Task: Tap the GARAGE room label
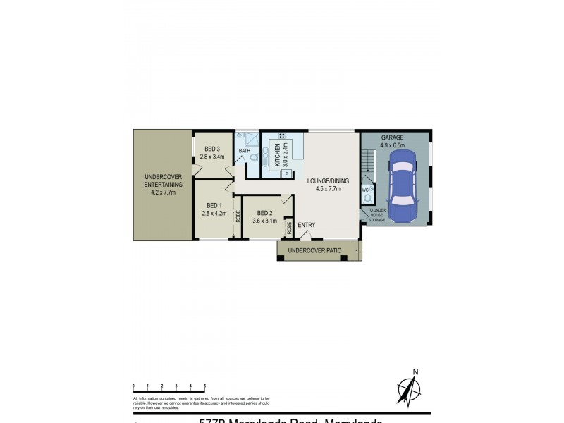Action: pos(393,137)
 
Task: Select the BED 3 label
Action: pos(213,149)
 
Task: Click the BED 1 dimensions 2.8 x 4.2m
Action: pos(213,212)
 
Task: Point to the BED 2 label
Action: pos(265,213)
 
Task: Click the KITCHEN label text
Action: pos(277,154)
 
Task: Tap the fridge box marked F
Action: pos(287,173)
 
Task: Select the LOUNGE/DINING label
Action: pos(324,181)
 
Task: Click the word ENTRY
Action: pos(306,226)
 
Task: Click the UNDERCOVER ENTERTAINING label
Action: pos(164,180)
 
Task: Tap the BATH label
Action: pos(245,151)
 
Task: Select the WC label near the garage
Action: pos(365,190)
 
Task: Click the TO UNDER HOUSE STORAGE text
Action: pos(376,215)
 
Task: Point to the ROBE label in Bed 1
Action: pos(238,216)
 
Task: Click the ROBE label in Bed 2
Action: pos(289,228)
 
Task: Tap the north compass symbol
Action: pos(407,388)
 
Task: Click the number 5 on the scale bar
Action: pos(204,386)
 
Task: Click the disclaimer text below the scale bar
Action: pos(201,403)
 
